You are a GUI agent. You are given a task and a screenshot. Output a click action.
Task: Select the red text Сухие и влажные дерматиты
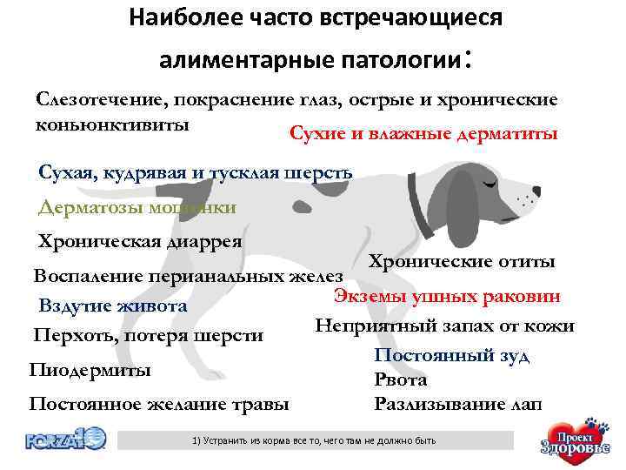click(423, 135)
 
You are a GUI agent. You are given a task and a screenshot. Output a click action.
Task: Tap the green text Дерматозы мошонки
click(137, 207)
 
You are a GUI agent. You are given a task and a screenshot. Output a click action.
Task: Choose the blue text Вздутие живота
click(113, 305)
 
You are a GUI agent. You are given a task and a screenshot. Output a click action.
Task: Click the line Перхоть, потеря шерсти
click(149, 335)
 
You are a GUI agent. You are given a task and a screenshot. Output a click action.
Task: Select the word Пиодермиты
click(90, 370)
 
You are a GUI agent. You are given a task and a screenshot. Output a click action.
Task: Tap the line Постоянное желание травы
click(159, 404)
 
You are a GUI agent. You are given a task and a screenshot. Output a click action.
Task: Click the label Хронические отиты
click(462, 261)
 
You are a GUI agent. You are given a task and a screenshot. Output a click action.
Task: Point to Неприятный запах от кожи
click(444, 326)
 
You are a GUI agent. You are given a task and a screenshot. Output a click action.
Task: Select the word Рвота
click(400, 379)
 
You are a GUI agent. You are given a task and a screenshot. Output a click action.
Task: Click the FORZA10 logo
click(65, 439)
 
